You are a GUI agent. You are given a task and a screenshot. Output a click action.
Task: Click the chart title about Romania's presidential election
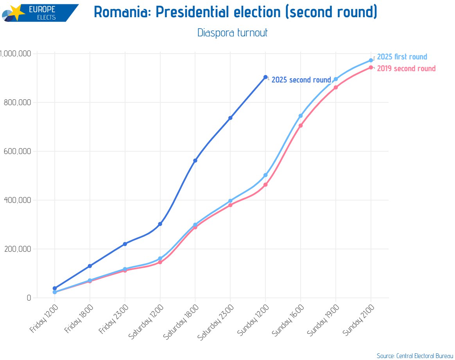click(236, 13)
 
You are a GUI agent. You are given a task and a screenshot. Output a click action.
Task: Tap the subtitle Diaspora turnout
click(233, 32)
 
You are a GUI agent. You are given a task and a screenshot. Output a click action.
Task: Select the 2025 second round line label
click(301, 80)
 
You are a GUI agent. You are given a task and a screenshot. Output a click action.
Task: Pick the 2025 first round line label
click(402, 57)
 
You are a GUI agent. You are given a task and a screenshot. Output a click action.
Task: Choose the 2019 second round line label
click(406, 68)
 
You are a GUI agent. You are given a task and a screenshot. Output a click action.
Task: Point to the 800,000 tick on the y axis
click(17, 102)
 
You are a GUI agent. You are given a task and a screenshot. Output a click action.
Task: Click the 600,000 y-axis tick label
click(17, 151)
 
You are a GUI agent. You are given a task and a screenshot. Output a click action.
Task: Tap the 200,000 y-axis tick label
click(17, 249)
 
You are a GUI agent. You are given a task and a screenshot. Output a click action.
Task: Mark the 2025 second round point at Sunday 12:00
click(265, 77)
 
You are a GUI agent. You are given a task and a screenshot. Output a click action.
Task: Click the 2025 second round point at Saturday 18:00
click(195, 161)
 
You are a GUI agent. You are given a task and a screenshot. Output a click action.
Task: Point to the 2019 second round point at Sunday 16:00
click(301, 125)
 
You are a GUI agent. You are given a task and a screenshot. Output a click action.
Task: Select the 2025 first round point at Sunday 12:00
click(265, 175)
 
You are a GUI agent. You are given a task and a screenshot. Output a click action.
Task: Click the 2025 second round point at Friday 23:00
click(125, 244)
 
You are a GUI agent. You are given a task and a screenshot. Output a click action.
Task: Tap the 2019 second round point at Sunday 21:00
click(371, 67)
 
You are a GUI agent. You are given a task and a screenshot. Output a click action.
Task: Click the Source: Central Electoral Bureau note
click(415, 356)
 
